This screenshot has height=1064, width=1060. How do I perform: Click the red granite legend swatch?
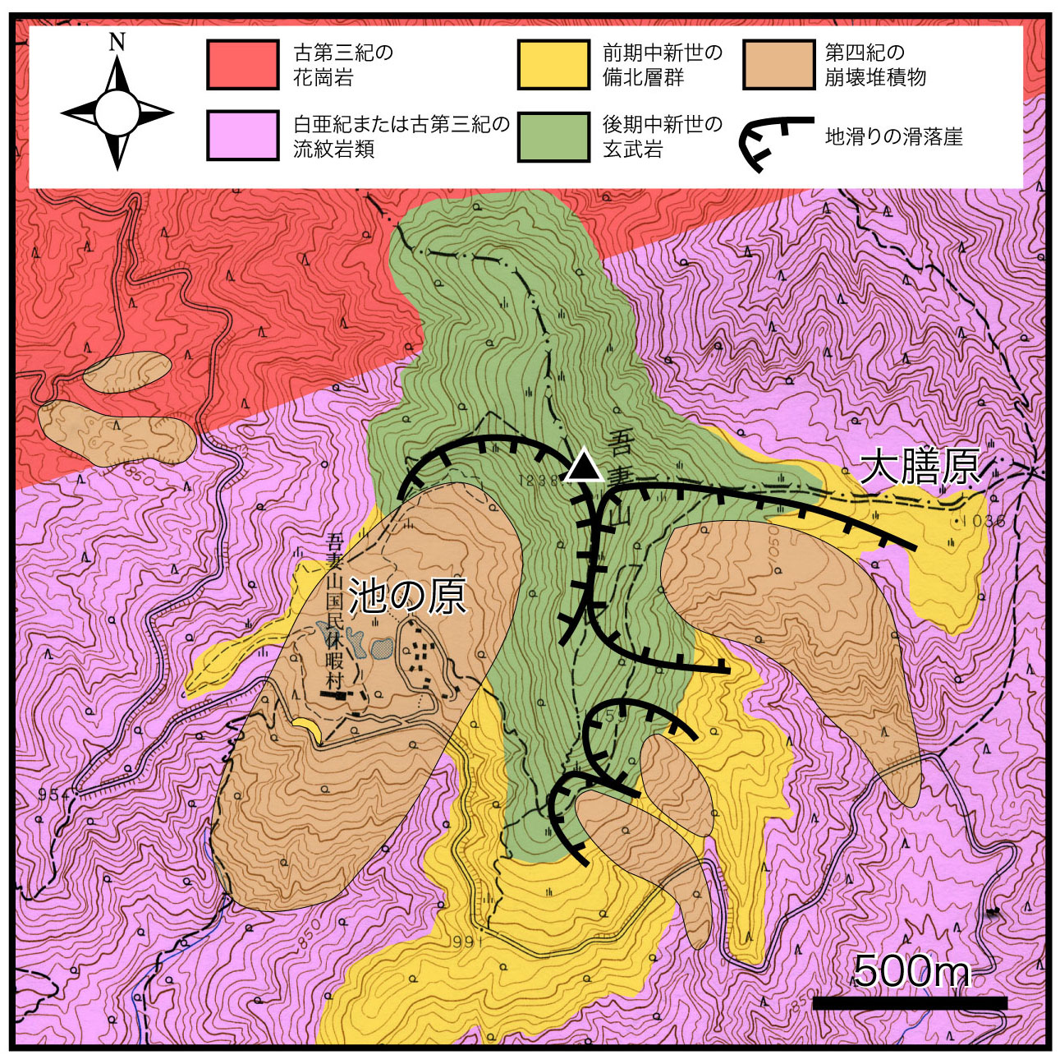click(x=242, y=65)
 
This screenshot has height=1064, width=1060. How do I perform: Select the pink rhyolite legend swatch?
click(x=242, y=136)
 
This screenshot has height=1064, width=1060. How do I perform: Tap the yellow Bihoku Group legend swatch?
click(x=553, y=65)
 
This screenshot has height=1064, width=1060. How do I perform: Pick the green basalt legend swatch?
click(x=553, y=136)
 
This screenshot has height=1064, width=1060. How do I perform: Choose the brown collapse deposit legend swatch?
click(x=778, y=65)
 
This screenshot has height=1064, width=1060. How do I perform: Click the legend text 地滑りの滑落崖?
click(x=893, y=136)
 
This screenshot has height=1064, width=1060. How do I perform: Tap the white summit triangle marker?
click(x=584, y=467)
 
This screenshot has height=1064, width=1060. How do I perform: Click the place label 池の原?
click(x=407, y=596)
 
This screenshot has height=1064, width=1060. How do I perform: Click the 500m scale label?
click(x=911, y=971)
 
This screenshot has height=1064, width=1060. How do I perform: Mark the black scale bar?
click(x=909, y=1003)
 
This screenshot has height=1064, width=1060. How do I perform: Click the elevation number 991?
click(x=467, y=942)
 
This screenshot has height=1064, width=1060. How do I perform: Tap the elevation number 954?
click(x=53, y=795)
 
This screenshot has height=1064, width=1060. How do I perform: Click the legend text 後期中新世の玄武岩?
click(x=662, y=136)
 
